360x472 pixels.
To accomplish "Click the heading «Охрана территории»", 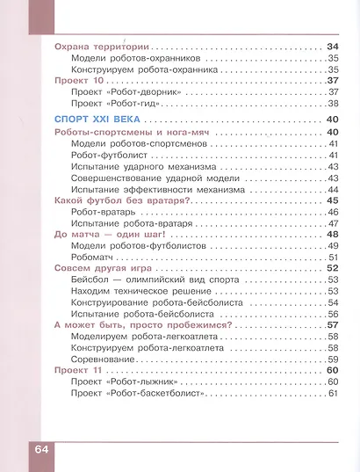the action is [x=100, y=46].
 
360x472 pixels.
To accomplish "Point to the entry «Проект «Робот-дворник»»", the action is [x=124, y=91].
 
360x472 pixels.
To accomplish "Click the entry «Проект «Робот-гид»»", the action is [x=114, y=103].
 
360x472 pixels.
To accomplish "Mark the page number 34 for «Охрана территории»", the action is [x=332, y=46].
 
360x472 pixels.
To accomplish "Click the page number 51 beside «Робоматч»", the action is [x=333, y=257].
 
